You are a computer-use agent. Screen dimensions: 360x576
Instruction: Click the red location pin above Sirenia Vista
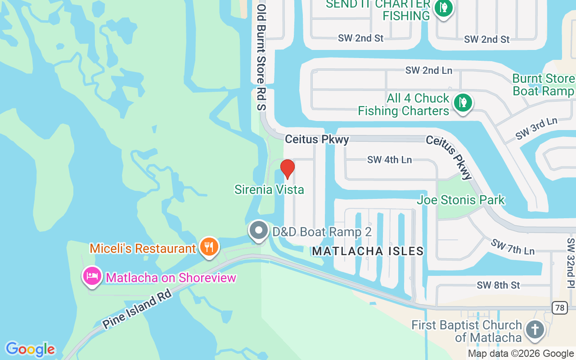click(x=288, y=168)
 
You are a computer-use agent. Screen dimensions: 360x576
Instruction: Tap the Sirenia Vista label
click(x=269, y=190)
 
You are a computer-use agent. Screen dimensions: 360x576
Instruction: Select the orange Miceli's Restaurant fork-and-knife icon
click(x=209, y=247)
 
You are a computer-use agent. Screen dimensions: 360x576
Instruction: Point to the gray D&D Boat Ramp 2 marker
click(x=258, y=230)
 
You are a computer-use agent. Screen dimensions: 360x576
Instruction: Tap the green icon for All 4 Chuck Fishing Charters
click(x=462, y=103)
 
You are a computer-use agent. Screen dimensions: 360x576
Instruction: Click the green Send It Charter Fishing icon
click(x=444, y=8)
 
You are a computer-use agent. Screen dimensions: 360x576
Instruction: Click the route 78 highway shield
click(x=560, y=308)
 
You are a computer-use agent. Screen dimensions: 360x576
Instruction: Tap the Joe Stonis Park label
click(x=461, y=200)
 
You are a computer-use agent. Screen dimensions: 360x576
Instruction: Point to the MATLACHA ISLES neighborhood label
click(x=368, y=251)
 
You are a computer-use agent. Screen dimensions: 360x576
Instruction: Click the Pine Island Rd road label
click(x=137, y=311)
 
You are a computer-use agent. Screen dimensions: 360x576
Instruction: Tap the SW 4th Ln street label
click(x=389, y=160)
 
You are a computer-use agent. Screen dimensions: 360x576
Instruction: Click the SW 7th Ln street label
click(x=513, y=247)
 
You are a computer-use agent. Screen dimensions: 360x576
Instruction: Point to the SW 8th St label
click(x=498, y=285)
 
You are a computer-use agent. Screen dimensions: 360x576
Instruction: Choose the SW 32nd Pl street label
click(x=571, y=263)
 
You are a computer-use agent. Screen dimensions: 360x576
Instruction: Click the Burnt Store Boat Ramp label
click(x=543, y=85)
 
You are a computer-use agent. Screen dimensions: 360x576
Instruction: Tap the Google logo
click(x=30, y=349)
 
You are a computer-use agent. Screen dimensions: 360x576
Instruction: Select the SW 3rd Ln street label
click(x=536, y=128)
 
